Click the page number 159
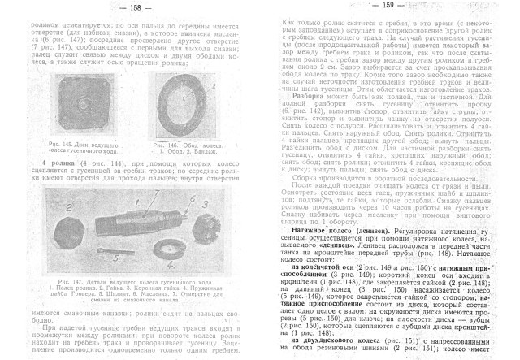pyautogui.click(x=388, y=7)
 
